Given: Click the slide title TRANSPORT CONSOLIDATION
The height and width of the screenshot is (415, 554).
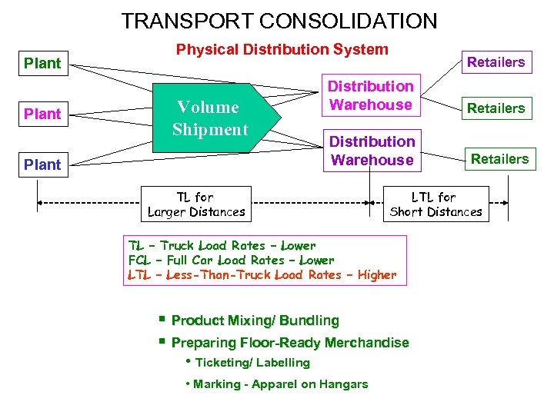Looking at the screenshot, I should pos(279,21).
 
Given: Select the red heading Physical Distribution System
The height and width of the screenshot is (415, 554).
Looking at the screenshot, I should pos(282,50).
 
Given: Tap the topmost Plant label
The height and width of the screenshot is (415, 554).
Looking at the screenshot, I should pos(42,63).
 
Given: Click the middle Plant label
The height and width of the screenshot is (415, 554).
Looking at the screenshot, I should pos(42,114).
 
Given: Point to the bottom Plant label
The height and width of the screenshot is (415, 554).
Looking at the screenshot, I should pos(42,164).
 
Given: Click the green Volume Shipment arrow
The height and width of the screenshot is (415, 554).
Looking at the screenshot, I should pos(212,118).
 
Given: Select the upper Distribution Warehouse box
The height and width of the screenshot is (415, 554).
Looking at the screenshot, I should pos(371,96).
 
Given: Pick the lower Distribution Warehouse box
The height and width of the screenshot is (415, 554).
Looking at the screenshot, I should pos(372,151).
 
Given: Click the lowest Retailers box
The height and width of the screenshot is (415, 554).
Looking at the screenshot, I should pos(499,159).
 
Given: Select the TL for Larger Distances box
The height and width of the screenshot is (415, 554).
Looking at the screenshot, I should pos(196,204).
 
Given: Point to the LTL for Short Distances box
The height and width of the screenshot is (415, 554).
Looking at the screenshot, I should pos(436,204).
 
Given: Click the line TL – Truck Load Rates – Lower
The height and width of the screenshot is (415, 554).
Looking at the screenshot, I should pos(222,246).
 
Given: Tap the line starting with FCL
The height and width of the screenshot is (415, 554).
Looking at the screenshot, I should pos(231,261).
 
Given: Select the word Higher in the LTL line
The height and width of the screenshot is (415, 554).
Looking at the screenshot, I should pos(377,275).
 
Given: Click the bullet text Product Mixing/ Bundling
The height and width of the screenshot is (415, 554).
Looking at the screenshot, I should pos(255,320).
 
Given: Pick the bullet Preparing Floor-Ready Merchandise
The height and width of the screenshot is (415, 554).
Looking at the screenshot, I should pos(290,343).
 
